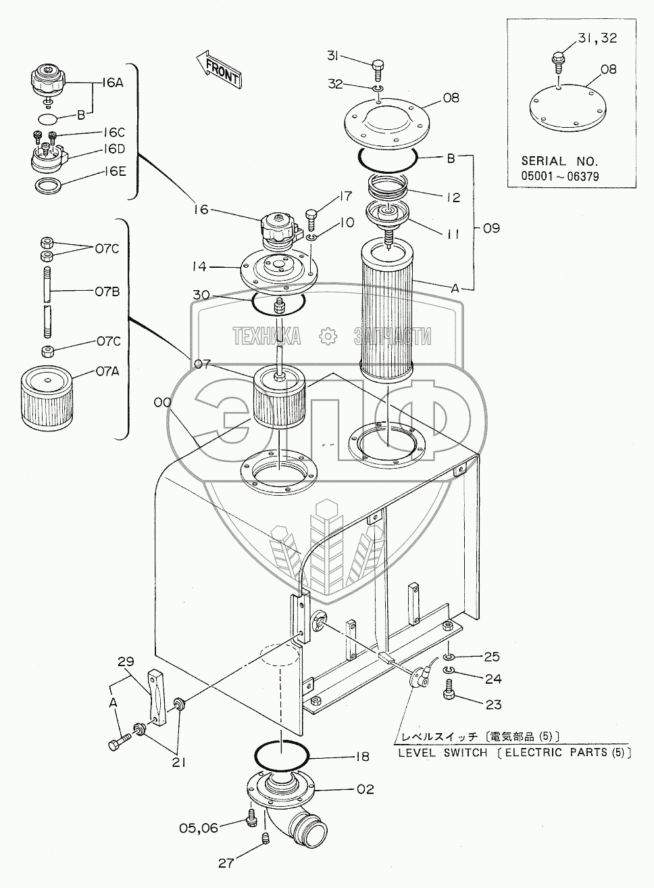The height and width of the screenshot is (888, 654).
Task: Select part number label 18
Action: (x=362, y=756)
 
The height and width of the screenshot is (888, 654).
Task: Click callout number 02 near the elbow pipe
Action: (x=364, y=789)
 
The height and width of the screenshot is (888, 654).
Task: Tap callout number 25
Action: (x=491, y=657)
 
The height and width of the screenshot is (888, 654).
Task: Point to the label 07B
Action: (x=106, y=292)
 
